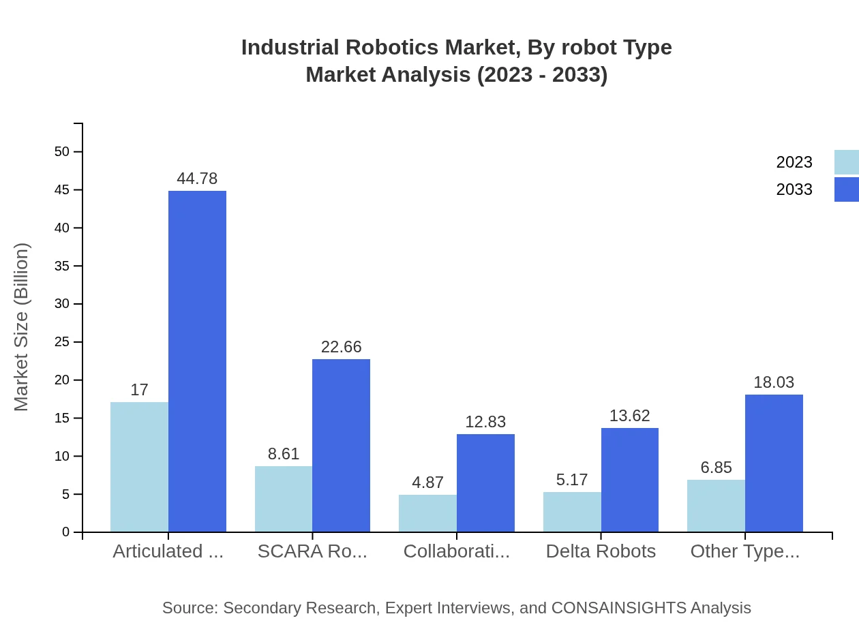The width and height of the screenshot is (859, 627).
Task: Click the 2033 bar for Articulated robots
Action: (197, 361)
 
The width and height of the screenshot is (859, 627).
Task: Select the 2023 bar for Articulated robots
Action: (139, 467)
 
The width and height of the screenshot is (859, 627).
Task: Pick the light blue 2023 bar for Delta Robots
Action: (572, 512)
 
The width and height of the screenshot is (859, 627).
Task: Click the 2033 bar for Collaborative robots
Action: (485, 483)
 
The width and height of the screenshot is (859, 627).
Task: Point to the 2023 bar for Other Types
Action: (716, 506)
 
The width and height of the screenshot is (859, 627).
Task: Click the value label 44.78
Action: (197, 179)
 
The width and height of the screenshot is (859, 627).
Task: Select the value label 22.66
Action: (341, 347)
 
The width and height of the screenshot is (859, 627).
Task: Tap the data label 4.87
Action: (427, 483)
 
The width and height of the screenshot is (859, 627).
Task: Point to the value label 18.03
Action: (774, 382)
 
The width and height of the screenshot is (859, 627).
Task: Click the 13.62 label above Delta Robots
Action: (629, 416)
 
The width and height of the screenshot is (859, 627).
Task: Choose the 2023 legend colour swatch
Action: (846, 162)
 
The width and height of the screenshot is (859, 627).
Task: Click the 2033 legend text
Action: (794, 189)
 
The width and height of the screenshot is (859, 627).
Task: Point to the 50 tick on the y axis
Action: (62, 151)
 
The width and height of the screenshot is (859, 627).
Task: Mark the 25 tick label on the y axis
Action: (62, 341)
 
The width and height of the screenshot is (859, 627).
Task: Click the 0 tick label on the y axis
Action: (66, 532)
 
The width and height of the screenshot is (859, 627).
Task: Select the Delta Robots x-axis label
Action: (601, 551)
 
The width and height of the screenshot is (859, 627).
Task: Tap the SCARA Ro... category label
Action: (312, 551)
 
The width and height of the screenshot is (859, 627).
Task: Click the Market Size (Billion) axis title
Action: (22, 327)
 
